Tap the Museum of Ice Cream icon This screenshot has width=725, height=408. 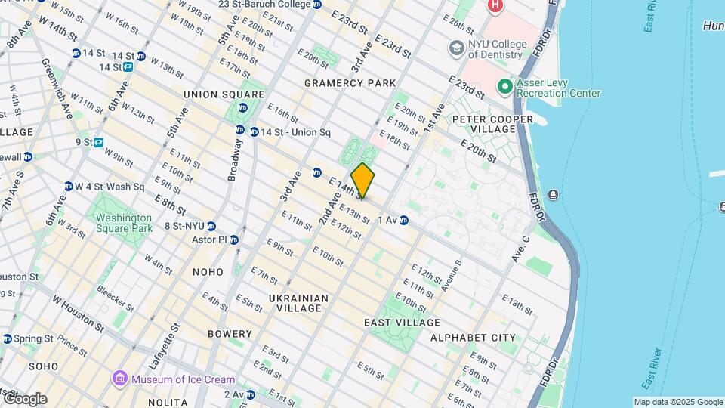click(x=119, y=379)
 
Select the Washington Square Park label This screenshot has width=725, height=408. click(x=124, y=223)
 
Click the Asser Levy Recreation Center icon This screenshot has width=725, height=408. click(x=504, y=87)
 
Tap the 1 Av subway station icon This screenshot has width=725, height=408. click(x=405, y=220)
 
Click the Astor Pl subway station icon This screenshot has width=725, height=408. click(x=234, y=240)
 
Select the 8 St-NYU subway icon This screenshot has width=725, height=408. click(x=211, y=226)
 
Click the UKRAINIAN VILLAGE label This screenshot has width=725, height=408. click(x=299, y=304)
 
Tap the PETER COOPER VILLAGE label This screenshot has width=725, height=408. click(x=483, y=124)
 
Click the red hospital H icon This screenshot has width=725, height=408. click(x=495, y=6)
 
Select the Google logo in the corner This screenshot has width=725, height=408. click(x=24, y=399)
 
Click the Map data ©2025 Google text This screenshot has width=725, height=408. click(x=677, y=402)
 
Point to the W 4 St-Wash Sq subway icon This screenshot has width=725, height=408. click(x=68, y=187)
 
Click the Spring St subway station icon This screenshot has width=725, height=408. click(x=7, y=338)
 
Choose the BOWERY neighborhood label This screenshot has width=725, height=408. click(x=230, y=334)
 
